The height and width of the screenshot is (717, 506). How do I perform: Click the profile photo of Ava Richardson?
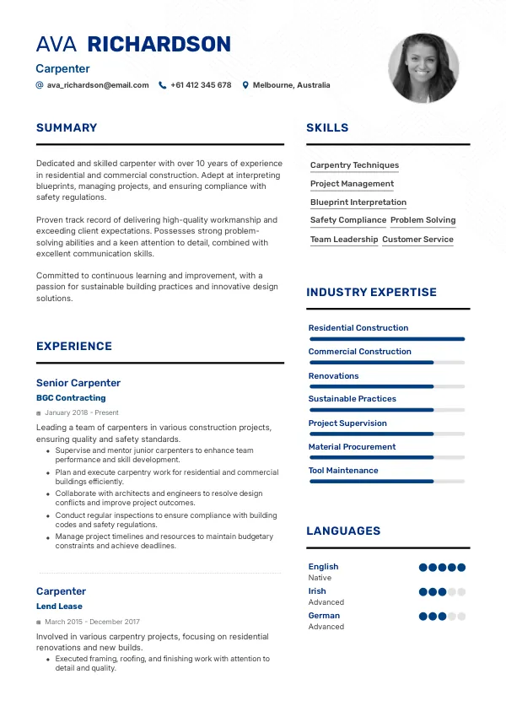[x=423, y=68]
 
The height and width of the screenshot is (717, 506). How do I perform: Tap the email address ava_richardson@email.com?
[x=98, y=85]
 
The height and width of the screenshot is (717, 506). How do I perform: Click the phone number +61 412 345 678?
[x=201, y=85]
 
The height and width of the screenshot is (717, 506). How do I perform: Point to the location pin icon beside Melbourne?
[x=245, y=85]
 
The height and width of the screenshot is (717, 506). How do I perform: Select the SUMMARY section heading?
[x=67, y=128]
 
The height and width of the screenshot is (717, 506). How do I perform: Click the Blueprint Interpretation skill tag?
[x=358, y=202]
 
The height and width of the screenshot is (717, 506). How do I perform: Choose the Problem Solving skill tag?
[x=423, y=220]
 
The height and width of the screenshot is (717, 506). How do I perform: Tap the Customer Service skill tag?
[x=417, y=240]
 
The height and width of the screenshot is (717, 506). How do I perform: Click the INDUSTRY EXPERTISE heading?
[x=371, y=293]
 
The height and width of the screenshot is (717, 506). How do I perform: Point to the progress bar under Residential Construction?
[x=387, y=339]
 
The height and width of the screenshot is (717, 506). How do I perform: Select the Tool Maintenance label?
[x=343, y=471]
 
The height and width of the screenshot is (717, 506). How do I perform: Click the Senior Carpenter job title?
[x=78, y=383]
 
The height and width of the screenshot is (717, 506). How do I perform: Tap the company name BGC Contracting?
[x=71, y=398]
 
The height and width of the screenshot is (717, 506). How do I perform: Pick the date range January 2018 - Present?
[x=82, y=413]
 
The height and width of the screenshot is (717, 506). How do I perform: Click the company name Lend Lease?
[x=59, y=606]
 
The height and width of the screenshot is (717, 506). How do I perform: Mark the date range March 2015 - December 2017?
[x=92, y=622]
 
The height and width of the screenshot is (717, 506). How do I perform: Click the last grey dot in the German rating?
[x=461, y=617]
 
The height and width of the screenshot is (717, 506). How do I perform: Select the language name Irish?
[x=317, y=591]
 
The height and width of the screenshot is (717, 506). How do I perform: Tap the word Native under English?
[x=320, y=578]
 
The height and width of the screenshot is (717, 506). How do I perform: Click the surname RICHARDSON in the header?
[x=159, y=45]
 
